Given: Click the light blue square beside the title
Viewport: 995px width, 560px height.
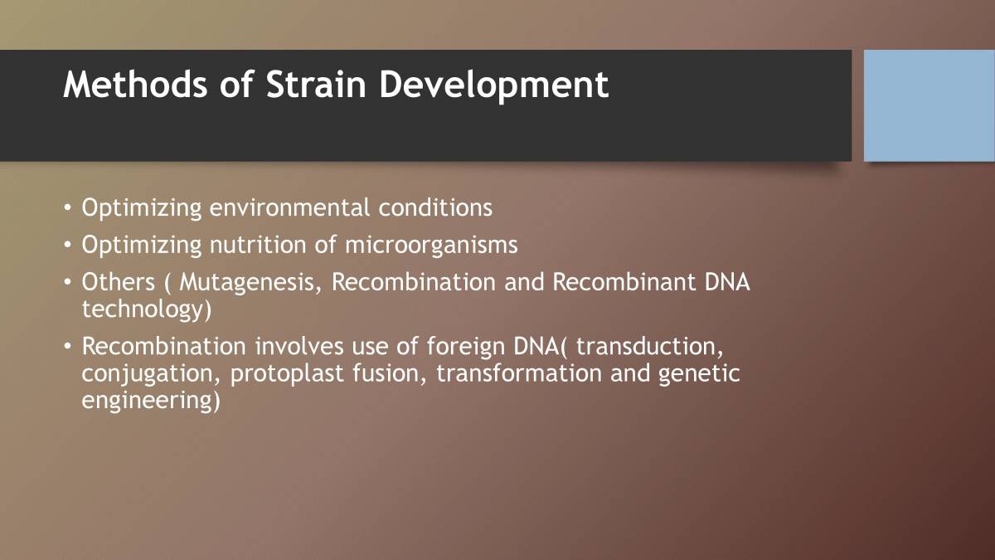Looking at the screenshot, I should [x=929, y=105].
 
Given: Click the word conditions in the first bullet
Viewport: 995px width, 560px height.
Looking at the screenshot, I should [x=435, y=207].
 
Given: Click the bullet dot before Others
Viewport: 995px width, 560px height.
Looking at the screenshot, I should [x=68, y=282].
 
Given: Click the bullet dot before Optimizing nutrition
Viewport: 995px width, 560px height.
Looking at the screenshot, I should [x=68, y=245].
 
